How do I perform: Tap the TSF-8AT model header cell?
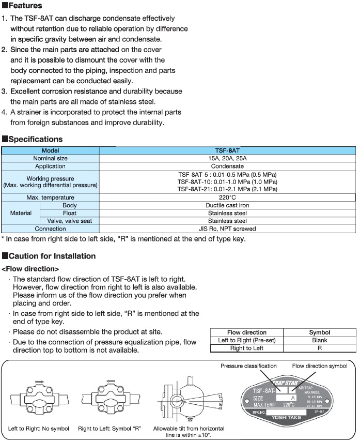227,150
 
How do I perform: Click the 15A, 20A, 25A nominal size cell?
227,158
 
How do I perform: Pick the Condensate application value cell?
227,166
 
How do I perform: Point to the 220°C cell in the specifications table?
227,197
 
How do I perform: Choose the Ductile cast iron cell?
227,205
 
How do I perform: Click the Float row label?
70,213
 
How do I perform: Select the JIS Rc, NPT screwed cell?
227,229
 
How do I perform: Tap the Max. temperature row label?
50,197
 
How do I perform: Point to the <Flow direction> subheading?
30,269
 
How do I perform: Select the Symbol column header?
319,332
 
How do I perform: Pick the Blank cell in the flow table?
319,340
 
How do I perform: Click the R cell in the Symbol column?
319,348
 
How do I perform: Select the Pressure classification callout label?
248,366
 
